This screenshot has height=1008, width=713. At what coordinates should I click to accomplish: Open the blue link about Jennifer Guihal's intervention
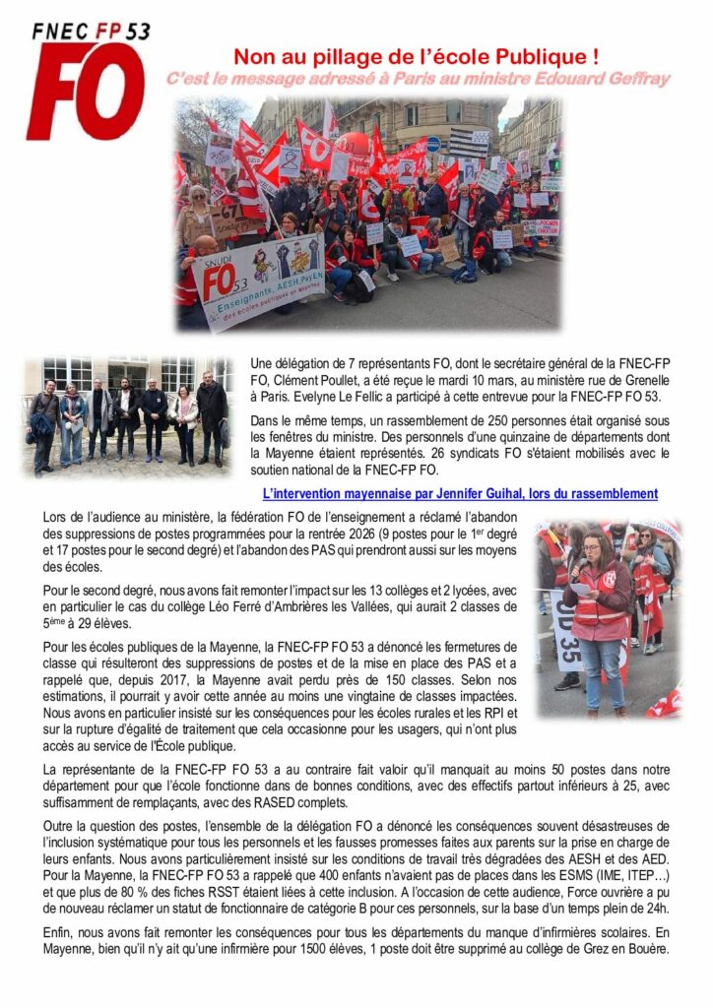pos(460,493)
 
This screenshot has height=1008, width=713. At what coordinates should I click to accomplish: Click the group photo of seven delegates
pos(129,415)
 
